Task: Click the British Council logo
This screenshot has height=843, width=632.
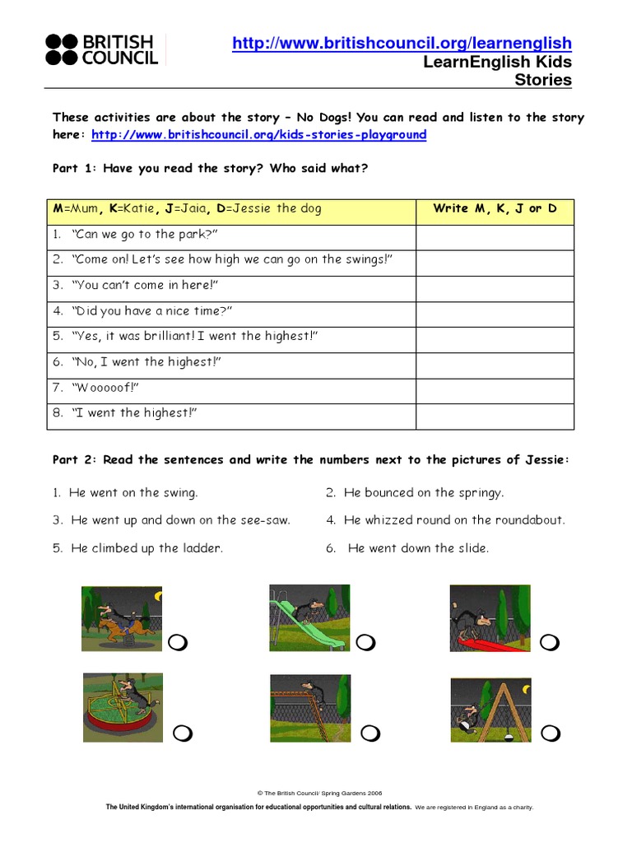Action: (100, 49)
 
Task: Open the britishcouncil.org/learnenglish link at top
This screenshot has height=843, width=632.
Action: (402, 44)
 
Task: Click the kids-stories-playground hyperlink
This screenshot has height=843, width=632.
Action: (258, 135)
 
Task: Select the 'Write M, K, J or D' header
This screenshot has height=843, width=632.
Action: (495, 209)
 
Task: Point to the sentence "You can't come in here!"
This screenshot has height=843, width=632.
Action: (146, 285)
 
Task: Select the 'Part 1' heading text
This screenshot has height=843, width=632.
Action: (210, 169)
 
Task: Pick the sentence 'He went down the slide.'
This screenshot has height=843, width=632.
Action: (418, 548)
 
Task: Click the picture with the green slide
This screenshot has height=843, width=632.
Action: (309, 617)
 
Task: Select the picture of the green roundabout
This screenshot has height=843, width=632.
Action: (123, 707)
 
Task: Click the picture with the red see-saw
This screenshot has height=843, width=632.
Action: (490, 617)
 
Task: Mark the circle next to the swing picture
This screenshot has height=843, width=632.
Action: (551, 732)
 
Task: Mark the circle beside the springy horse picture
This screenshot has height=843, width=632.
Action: (178, 643)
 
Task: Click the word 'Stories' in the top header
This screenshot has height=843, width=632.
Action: (542, 80)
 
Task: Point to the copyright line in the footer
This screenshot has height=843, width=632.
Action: (316, 793)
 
